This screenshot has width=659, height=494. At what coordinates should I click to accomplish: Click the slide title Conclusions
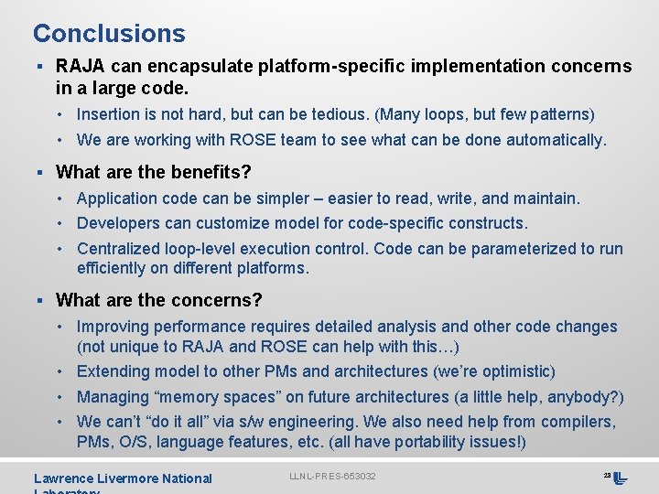click(109, 34)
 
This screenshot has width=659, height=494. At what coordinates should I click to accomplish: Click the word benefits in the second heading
click(205, 172)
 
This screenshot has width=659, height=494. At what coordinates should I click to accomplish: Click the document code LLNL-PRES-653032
click(332, 477)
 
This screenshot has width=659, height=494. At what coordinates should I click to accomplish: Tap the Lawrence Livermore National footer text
click(123, 478)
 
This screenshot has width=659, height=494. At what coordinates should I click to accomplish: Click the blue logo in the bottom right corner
click(620, 478)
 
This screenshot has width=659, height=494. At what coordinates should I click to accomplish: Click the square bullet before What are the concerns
click(40, 301)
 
